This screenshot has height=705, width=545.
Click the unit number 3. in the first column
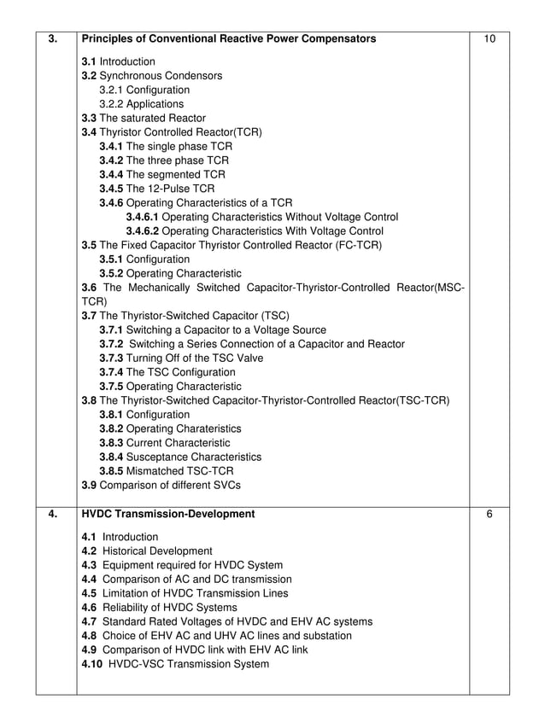point(53,39)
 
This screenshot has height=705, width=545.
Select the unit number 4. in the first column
point(53,515)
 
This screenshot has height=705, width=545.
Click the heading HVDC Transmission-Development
point(167,515)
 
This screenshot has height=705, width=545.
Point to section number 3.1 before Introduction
point(89,61)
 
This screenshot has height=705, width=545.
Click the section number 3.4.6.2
point(142,230)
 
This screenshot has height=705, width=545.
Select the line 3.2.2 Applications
point(141,104)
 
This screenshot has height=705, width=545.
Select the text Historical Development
point(157,551)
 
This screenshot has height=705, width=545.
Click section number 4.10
point(92,664)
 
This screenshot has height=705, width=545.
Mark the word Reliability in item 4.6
point(127,608)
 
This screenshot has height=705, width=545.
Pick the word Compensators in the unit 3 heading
point(333,39)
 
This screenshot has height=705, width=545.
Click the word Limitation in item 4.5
point(127,593)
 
